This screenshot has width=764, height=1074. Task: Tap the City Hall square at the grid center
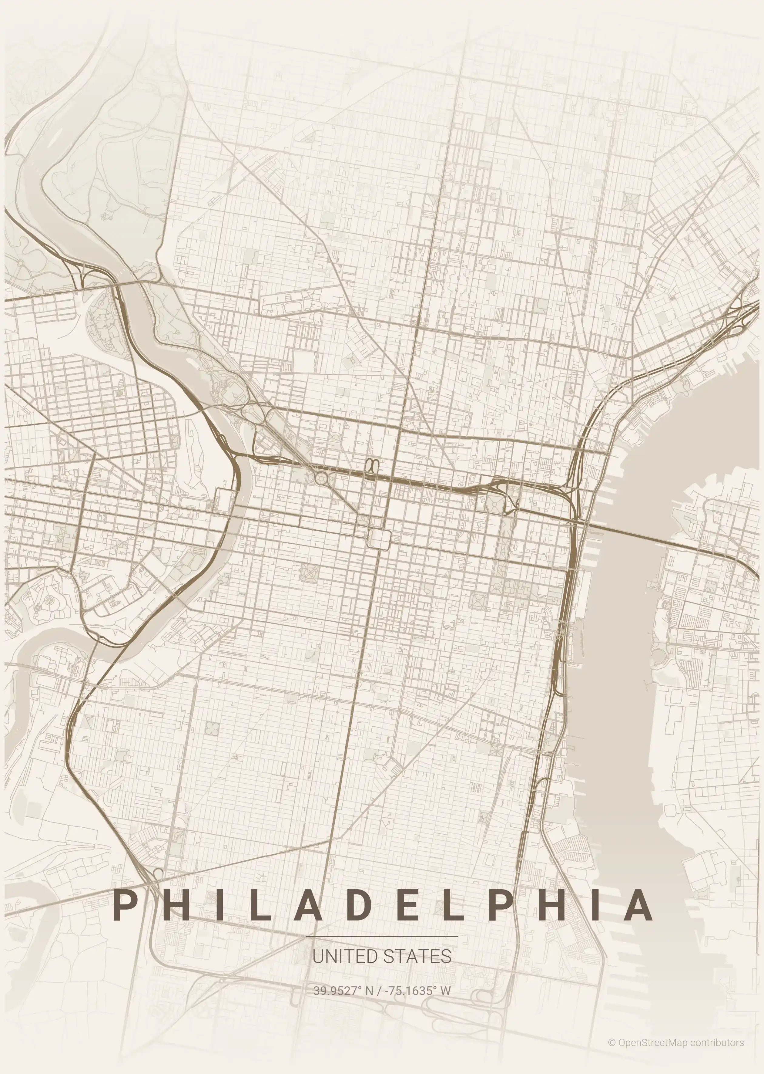click(x=379, y=538)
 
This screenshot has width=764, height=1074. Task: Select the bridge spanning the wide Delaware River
click(x=630, y=533)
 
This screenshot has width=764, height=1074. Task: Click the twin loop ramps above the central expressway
click(x=372, y=464)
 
